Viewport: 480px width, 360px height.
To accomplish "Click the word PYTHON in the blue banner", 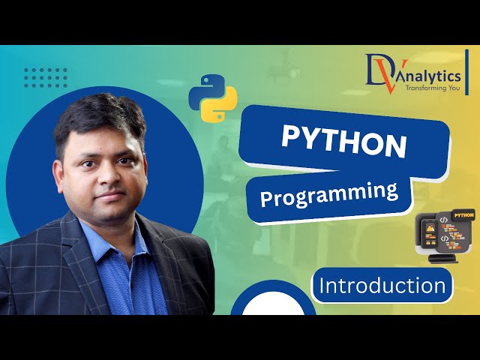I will [344, 140].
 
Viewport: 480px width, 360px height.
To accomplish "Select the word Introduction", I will [382, 285].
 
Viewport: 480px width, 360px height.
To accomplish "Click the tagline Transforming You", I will [431, 88].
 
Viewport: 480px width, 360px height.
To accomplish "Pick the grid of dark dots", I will [46, 77].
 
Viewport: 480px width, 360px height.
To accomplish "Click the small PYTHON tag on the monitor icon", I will [463, 215].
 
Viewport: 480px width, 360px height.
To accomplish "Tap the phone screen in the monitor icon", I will [429, 232].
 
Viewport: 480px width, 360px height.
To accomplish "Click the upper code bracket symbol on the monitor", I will [444, 220].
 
